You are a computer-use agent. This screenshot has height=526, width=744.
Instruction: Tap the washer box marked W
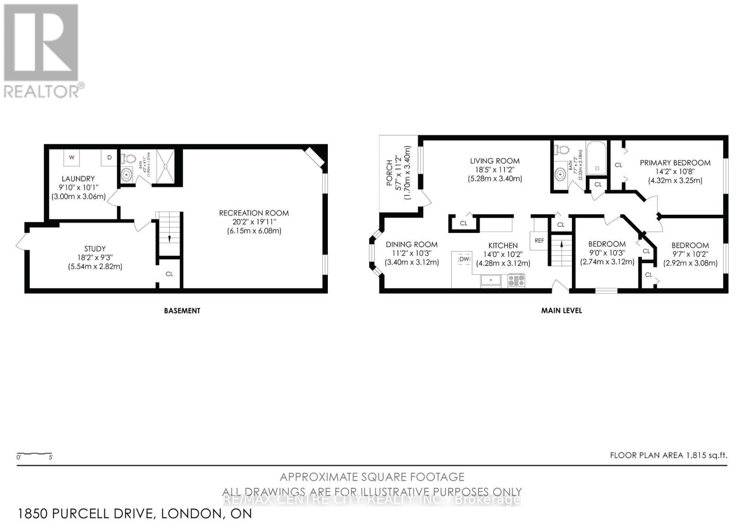(72, 157)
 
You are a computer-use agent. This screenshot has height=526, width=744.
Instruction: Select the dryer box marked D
(109, 158)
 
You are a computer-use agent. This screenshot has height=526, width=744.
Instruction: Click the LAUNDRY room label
(78, 179)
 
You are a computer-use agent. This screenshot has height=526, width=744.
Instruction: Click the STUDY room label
(95, 249)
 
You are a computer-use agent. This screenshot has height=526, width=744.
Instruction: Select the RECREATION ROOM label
(254, 213)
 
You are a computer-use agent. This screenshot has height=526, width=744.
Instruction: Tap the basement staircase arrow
(169, 238)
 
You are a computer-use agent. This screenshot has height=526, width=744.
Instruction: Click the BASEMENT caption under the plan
(182, 311)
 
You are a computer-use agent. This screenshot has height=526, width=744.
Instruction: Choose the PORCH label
(390, 173)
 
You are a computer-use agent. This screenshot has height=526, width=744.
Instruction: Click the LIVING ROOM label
(495, 161)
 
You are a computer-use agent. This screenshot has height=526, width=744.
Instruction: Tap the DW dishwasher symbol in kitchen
(465, 259)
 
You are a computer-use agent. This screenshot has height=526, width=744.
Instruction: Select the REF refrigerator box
(539, 240)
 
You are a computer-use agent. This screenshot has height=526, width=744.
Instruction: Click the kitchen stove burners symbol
(516, 280)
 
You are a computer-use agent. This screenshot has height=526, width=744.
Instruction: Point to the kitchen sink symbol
(491, 280)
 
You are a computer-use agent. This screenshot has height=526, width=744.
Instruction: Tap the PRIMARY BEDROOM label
(675, 163)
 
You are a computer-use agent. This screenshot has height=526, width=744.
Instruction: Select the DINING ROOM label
(412, 245)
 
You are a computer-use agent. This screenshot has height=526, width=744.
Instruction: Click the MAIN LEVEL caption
(561, 311)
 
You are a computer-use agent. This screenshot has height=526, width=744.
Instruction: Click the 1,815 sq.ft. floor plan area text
(706, 455)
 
